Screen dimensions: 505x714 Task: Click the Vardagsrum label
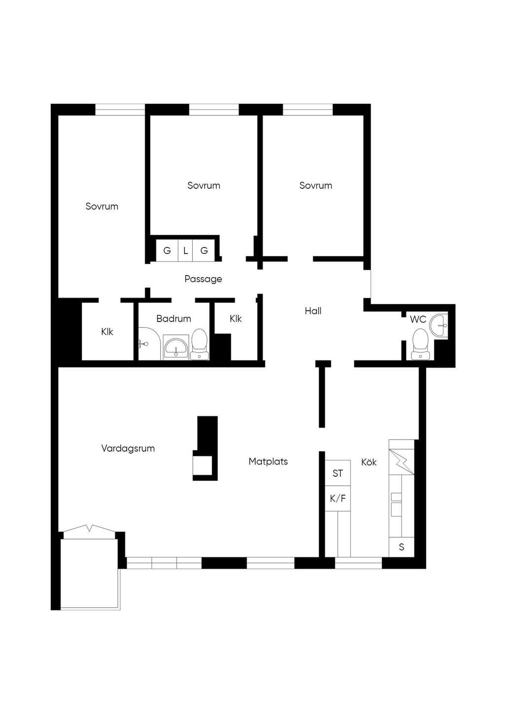(x=128, y=449)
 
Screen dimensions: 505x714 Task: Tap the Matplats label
(x=268, y=462)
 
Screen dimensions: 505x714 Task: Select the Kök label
(x=369, y=462)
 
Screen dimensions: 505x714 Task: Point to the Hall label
(x=313, y=311)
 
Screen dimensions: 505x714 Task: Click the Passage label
(x=203, y=279)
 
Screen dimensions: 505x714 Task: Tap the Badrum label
(x=174, y=319)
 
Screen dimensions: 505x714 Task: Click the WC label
(x=418, y=319)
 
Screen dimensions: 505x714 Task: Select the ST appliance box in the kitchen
(x=338, y=473)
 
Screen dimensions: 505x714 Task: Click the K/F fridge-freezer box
(x=338, y=499)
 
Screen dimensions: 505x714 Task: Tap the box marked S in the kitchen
(x=401, y=547)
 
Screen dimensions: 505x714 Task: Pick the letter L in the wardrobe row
(x=185, y=250)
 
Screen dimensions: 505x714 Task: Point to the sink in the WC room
(x=439, y=325)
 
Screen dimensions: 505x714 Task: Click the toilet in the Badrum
(x=200, y=344)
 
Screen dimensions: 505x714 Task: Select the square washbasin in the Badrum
(x=176, y=347)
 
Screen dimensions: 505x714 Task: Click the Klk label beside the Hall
(x=236, y=319)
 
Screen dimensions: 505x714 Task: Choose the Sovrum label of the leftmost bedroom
(x=102, y=206)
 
